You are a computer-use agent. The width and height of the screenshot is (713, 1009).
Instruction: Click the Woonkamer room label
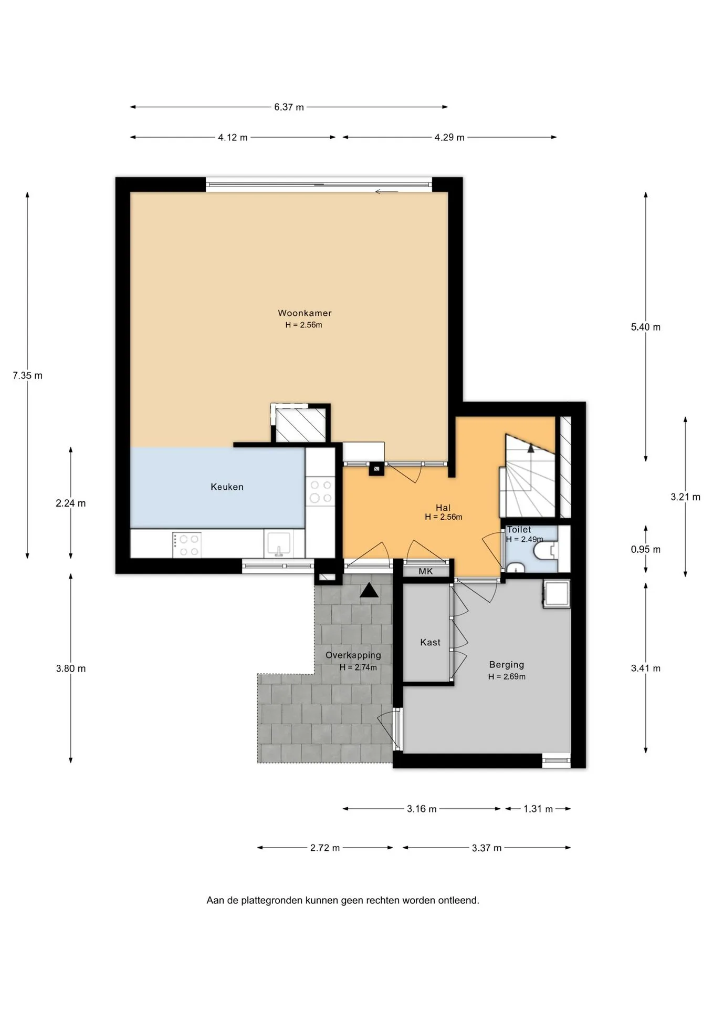coord(305,313)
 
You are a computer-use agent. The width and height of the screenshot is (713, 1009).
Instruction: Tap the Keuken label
coord(227,487)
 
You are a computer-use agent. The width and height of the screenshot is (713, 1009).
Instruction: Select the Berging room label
coord(507,665)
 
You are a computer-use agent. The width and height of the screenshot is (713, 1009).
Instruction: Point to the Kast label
coord(430,642)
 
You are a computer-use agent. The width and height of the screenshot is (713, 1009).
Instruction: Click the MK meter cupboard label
coord(426,571)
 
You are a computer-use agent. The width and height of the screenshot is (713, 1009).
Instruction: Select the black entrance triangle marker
coord(369,591)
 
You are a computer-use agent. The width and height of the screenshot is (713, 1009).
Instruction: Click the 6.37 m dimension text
coord(289,107)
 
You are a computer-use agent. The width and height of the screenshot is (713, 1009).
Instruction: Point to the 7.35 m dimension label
coord(28,376)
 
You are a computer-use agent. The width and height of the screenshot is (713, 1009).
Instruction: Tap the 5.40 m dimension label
coord(646,327)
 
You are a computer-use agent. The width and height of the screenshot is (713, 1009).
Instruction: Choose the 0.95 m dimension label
coord(646,550)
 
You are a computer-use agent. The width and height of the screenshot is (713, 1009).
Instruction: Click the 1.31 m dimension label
coord(538,809)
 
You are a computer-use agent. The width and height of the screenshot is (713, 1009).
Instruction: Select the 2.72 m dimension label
coord(325,848)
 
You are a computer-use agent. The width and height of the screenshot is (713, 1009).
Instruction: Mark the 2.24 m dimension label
coord(71,503)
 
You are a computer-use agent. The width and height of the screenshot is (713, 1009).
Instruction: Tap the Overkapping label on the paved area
coord(353,655)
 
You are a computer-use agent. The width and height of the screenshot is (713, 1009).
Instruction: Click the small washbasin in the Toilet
coord(516,568)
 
